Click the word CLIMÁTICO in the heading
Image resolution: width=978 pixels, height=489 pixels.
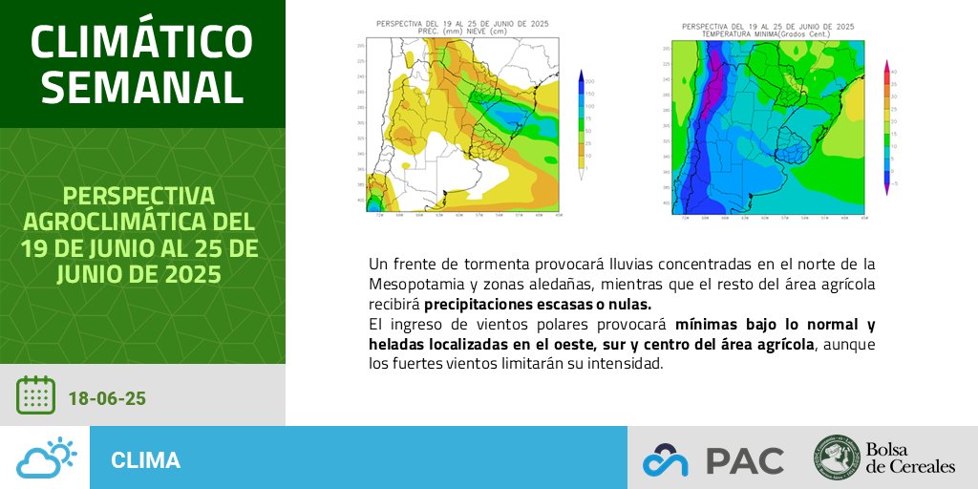click(142, 40)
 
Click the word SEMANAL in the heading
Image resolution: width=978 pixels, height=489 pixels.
click(142, 87)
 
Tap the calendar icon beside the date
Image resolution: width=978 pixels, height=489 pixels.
click(35, 395)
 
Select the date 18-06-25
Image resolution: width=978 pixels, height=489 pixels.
click(107, 397)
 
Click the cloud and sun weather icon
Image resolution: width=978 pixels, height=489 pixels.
click(46, 458)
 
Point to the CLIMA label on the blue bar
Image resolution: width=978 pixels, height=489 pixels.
click(145, 460)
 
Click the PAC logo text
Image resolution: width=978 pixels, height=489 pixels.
click(745, 459)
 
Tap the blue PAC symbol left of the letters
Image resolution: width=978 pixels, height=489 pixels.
click(665, 460)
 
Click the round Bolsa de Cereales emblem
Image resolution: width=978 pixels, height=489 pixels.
click(837, 458)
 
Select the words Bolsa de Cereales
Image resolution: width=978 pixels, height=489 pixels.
click(910, 458)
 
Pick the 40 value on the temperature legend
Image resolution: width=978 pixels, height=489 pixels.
click(892, 72)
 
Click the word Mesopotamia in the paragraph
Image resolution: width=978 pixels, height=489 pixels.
click(415, 285)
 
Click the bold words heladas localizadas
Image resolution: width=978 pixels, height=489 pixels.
click(430, 344)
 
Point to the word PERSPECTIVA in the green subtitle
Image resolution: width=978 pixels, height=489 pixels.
click(142, 197)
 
